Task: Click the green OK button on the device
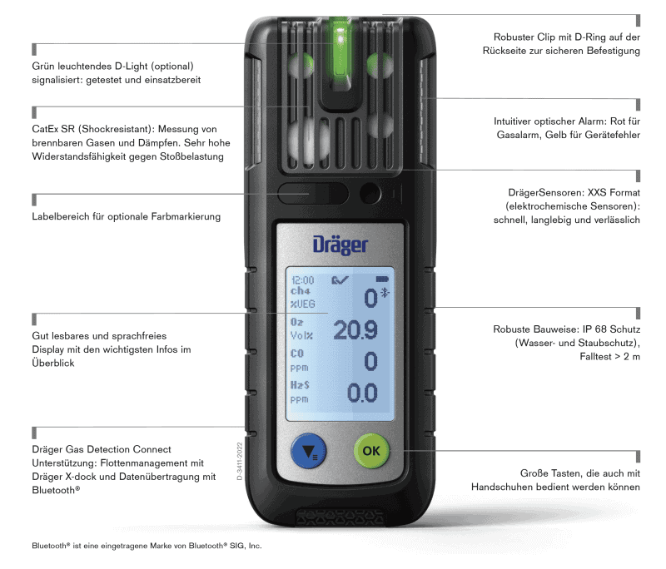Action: pos(371,451)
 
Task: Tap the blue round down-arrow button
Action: pos(309,453)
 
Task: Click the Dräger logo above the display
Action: pos(340,245)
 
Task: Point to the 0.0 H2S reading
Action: pos(361,392)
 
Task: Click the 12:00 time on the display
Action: pos(302,281)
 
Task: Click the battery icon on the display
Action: pos(382,280)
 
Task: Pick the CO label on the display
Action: pos(298,354)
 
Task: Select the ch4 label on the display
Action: pos(300,292)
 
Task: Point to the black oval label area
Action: pos(314,194)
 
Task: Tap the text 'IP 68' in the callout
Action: pos(590,329)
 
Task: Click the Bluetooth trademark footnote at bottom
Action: pos(147,547)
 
